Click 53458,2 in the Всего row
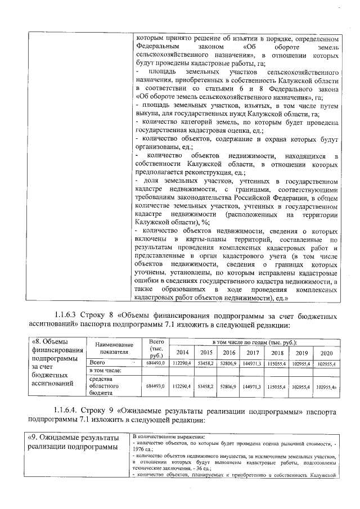[206, 364]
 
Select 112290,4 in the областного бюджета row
[183, 386]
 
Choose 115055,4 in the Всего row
[277, 364]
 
